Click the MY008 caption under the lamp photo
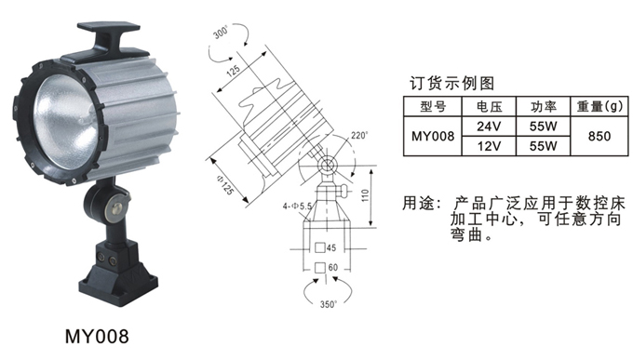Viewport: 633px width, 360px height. pos(97,336)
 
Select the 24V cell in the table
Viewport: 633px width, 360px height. pos(489,127)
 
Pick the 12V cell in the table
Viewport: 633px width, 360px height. pos(489,146)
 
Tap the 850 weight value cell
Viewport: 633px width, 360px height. pos(599,136)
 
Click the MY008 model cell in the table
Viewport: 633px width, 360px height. pos(433,136)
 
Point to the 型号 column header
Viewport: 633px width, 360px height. pos(433,107)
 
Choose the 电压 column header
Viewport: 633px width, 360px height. pos(489,107)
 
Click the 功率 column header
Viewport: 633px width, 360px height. pos(544,107)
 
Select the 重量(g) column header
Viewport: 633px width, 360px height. pos(599,107)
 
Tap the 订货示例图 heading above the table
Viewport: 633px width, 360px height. pos(452,84)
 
